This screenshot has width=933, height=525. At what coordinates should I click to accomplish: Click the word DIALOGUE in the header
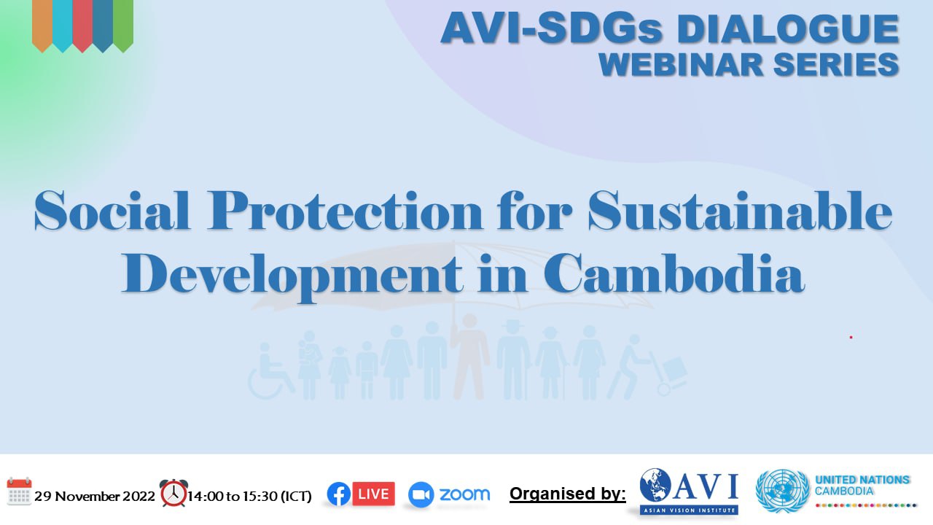tap(788, 29)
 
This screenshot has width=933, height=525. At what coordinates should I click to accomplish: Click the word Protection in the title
tap(346, 211)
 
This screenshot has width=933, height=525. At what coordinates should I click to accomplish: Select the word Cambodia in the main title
tap(674, 274)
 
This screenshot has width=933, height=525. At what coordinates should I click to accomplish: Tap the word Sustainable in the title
tap(740, 211)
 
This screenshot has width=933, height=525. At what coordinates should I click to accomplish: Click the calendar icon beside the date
tap(19, 491)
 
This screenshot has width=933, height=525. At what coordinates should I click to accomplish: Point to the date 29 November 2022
tap(95, 497)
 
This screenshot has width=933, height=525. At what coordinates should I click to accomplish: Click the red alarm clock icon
tap(173, 493)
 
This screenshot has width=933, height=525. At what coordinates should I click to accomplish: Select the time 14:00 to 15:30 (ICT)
tap(249, 497)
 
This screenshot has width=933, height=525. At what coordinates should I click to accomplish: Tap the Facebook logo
tap(339, 494)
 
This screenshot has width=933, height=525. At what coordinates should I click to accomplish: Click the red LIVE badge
tap(373, 494)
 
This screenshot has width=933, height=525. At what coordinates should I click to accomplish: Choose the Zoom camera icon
tap(421, 495)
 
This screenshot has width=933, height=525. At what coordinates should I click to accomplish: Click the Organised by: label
tap(568, 494)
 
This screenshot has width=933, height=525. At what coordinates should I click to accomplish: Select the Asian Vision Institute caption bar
tap(689, 510)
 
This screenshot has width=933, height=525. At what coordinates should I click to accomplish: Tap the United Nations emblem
tap(782, 491)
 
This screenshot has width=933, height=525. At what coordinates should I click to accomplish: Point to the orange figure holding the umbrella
tap(470, 357)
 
